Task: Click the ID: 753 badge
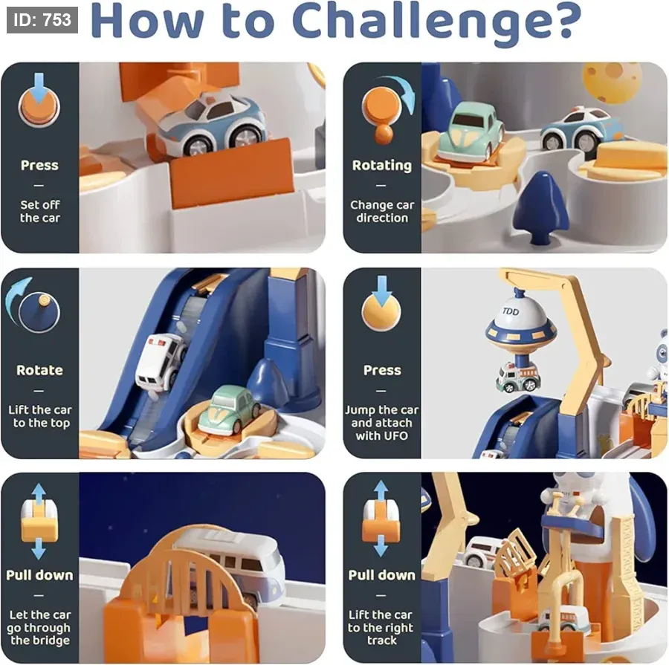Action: click(42, 19)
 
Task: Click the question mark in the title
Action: click(566, 22)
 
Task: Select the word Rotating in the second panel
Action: click(382, 166)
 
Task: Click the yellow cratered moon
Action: click(612, 82)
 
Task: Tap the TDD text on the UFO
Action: click(510, 311)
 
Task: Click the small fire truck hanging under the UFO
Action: click(519, 377)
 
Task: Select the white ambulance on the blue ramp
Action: click(161, 362)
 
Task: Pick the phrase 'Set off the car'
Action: click(39, 211)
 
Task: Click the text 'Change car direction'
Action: click(382, 211)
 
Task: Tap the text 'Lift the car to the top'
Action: click(39, 416)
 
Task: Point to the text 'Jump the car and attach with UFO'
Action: click(382, 423)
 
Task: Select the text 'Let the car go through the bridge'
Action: click(39, 627)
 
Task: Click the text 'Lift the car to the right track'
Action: click(381, 627)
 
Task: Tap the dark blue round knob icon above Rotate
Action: click(39, 312)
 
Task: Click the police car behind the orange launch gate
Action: click(212, 123)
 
